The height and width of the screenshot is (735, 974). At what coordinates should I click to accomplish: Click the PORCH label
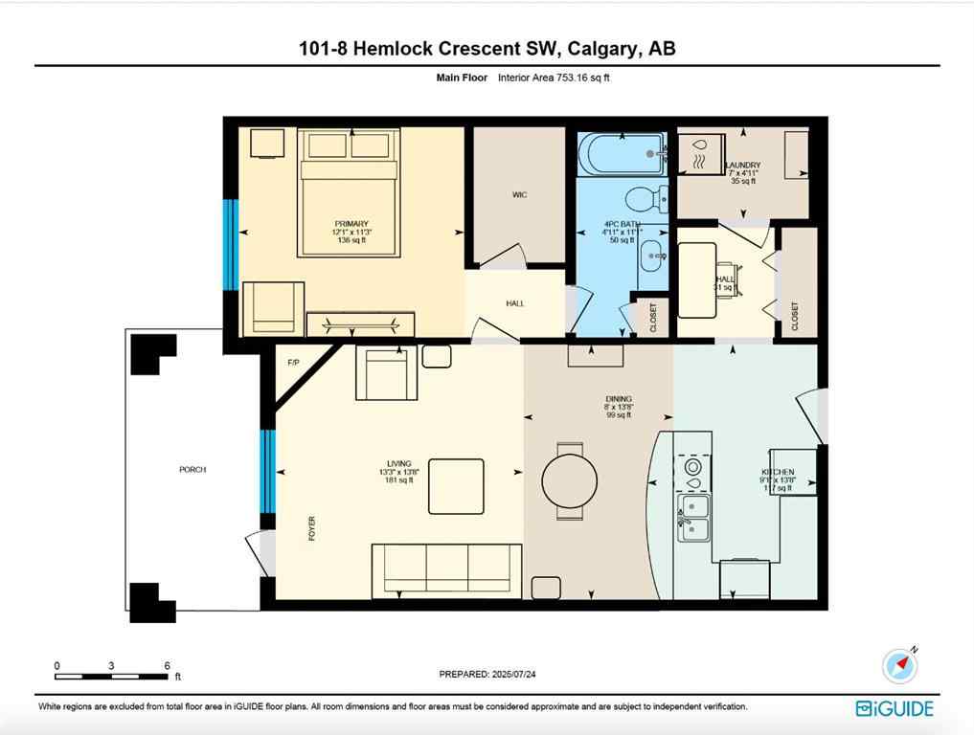point(193,469)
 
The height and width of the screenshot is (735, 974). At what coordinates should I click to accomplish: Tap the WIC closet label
point(519,194)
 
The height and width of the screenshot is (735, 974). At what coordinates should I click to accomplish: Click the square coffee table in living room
point(456,486)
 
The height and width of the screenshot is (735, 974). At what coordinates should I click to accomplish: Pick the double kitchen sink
point(694,517)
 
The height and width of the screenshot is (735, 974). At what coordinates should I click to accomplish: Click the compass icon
point(899,665)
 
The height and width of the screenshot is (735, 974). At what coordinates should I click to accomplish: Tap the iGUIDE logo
point(894,708)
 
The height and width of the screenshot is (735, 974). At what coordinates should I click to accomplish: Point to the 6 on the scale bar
point(167,665)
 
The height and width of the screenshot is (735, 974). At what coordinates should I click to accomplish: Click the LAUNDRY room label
point(742,166)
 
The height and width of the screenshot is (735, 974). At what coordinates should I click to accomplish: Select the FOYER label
point(311,528)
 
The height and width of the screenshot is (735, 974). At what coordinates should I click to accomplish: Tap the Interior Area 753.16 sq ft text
point(554,78)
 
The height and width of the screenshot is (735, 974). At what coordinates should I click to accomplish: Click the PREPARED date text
point(487,674)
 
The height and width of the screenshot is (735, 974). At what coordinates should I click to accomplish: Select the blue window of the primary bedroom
point(230,244)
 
